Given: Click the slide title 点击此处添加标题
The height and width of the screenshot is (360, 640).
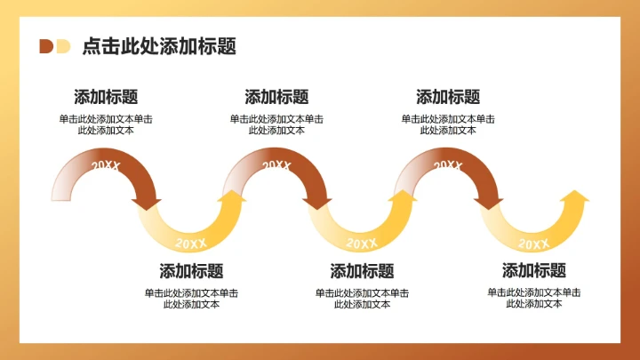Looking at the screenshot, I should (159, 47).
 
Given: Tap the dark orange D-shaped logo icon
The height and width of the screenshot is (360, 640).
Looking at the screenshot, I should (45, 46).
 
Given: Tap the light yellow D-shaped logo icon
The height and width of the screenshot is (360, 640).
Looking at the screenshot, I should (62, 46).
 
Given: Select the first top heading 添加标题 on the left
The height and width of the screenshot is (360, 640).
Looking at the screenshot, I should (106, 97).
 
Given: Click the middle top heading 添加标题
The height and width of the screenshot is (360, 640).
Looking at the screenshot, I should (276, 97).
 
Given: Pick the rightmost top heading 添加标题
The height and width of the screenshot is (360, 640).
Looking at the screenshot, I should (448, 97).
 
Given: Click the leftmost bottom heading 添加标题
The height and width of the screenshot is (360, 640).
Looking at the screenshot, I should (191, 271).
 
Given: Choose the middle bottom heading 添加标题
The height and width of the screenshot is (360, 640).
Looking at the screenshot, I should (362, 271).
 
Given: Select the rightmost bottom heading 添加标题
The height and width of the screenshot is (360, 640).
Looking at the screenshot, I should (533, 271).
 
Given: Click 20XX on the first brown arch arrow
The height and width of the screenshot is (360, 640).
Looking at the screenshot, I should (106, 165).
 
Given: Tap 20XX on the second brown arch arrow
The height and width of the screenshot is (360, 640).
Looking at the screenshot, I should (276, 165).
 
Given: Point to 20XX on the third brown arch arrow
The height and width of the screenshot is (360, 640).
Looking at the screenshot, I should (447, 165).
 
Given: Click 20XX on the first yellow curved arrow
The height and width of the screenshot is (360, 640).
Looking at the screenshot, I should (191, 243).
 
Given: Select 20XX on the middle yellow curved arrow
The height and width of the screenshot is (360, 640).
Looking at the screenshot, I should (362, 243).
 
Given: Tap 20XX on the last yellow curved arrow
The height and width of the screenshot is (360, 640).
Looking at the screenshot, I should (533, 243).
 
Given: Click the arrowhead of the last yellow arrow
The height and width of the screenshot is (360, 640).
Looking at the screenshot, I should (576, 196).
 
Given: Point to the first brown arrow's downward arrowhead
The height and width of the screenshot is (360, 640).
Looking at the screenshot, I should (147, 204).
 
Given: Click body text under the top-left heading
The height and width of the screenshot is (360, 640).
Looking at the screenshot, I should (106, 124).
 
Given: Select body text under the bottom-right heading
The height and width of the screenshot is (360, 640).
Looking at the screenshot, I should (533, 298).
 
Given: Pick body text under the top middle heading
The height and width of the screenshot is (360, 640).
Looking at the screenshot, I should (276, 124).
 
